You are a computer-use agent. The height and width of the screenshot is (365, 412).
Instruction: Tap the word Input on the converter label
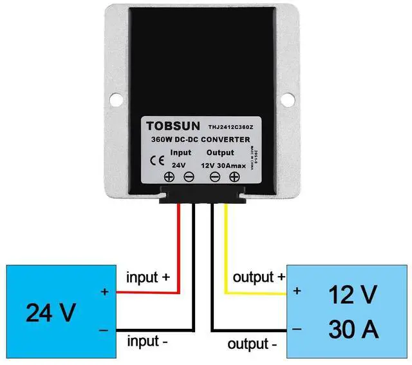point(180,153)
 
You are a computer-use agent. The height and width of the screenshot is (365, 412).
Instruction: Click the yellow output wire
point(225,252)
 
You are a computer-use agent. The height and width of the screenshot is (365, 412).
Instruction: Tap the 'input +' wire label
point(148,277)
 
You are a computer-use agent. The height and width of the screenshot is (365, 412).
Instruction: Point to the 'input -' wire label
point(147,340)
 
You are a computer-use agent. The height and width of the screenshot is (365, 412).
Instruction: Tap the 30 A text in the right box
point(351,330)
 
